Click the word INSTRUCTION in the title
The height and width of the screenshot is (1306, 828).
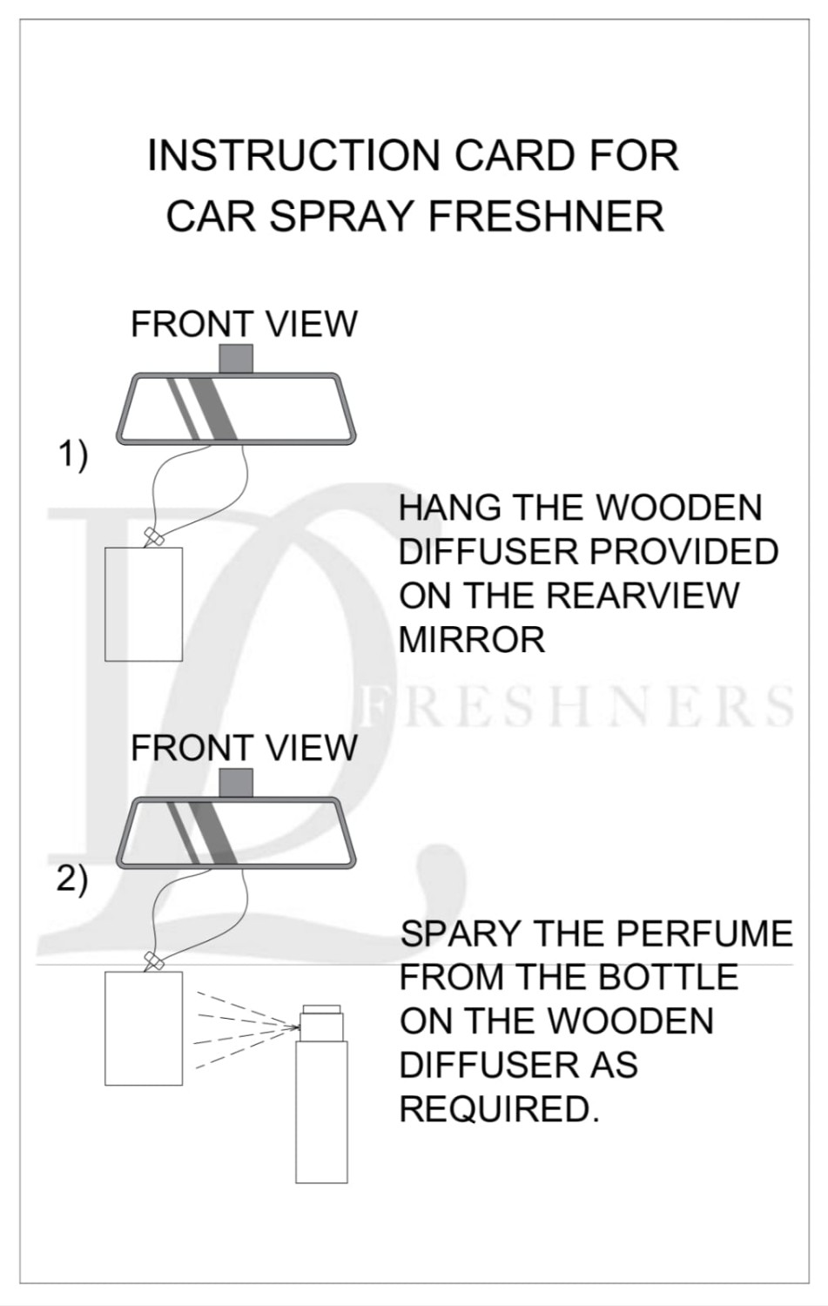click(293, 156)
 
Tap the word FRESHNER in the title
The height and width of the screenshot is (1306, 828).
click(547, 216)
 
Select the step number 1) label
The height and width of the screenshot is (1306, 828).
click(72, 455)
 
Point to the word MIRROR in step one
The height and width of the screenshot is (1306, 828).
click(472, 640)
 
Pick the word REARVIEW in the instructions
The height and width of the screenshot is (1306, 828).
click(643, 596)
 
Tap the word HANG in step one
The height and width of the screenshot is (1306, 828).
click(449, 508)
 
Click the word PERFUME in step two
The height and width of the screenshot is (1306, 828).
click(704, 933)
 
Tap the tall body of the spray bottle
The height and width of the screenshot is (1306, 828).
click(321, 1113)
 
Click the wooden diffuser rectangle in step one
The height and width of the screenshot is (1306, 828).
click(144, 604)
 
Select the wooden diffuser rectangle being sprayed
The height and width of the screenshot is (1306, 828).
click(144, 1028)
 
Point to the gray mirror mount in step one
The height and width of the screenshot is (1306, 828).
click(236, 358)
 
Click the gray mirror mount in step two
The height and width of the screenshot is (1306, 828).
click(236, 783)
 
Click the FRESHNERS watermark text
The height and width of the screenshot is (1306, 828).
click(577, 708)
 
